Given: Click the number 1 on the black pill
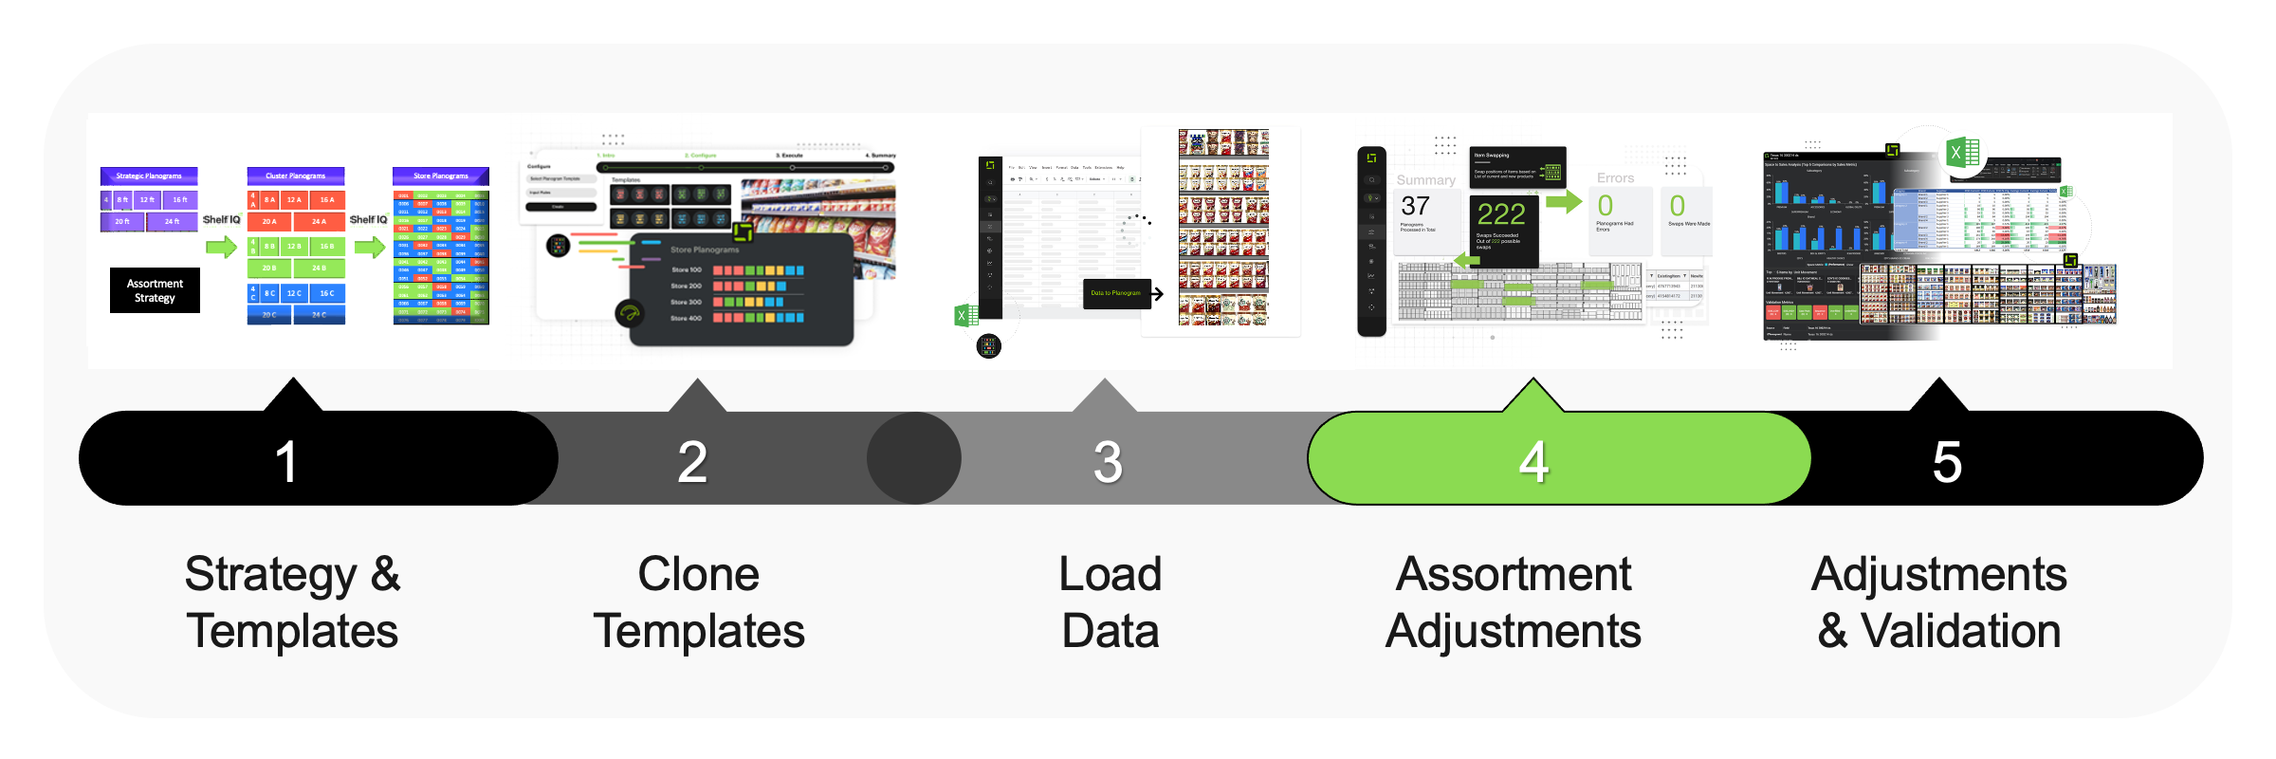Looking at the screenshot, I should point(285,462).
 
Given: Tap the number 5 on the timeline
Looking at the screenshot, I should point(1946,462).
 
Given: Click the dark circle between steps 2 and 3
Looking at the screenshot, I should point(914,458).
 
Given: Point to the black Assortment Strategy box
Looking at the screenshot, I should point(155,290).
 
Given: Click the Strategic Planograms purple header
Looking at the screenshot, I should point(149,176).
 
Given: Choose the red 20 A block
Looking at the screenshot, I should point(269,221).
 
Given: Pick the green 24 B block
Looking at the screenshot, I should point(319,268).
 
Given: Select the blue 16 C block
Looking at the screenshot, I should point(326,293).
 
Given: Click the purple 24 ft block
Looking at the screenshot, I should point(172,221).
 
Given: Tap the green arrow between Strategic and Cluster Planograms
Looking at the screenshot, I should point(221,248).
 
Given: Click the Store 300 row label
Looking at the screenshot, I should point(686,302).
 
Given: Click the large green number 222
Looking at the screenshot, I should point(1501,213).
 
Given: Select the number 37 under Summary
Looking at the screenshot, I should point(1415,206).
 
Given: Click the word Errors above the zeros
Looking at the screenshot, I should point(1615,178).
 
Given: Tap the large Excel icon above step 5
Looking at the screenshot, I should point(1962,153).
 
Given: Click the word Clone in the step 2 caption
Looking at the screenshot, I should point(698,574).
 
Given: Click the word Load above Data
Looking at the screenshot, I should point(1110,574).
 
